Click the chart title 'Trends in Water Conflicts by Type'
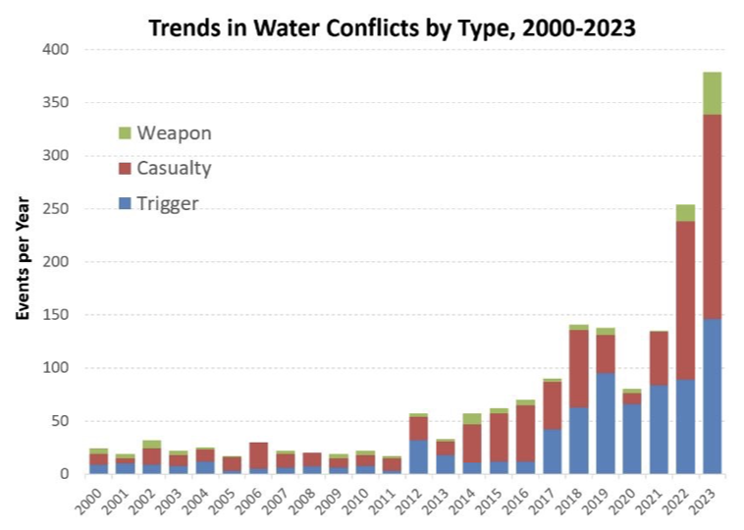392,27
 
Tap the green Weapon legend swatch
124,132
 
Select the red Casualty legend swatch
124,168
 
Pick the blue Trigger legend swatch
124,203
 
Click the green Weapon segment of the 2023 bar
712,93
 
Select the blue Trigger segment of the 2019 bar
606,423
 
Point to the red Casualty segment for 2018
579,368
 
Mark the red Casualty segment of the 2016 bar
525,433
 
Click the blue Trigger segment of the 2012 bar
419,456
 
